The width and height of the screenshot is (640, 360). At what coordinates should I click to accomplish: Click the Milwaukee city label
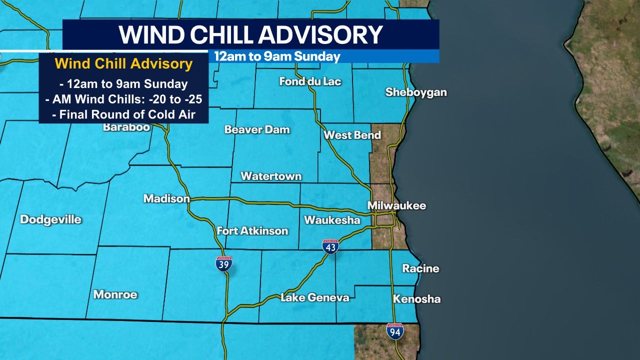(x=396, y=205)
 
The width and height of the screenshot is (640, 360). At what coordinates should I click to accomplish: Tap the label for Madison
(x=166, y=198)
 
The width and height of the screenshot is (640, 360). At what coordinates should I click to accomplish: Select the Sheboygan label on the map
(x=415, y=92)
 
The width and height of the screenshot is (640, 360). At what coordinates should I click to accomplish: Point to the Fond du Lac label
(x=310, y=81)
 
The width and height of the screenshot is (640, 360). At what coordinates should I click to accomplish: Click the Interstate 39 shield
(x=224, y=263)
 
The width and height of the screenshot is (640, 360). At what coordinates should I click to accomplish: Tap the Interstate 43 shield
(x=330, y=246)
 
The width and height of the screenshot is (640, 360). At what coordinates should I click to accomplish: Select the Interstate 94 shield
(x=395, y=331)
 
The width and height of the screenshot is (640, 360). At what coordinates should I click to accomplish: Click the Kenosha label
(x=416, y=299)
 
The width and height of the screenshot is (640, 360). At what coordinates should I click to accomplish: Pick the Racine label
(x=420, y=268)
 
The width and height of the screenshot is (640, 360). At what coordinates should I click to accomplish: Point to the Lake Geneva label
(x=314, y=297)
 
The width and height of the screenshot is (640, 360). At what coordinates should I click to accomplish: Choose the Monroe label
(x=115, y=294)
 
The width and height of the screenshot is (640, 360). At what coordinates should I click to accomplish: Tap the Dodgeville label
(x=50, y=219)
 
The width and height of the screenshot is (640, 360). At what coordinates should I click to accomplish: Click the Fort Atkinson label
(x=252, y=230)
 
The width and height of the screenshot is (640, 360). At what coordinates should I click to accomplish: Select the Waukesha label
(x=332, y=220)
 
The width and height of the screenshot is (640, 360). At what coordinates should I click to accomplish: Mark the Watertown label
(x=271, y=176)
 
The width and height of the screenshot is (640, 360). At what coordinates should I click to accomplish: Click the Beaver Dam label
(x=257, y=129)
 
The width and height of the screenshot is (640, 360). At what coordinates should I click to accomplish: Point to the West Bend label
(x=352, y=135)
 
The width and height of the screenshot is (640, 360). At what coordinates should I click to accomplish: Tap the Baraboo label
(x=126, y=127)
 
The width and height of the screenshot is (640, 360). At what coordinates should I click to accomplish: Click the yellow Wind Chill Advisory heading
(x=123, y=64)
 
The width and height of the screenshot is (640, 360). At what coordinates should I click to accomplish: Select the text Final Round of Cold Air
(x=123, y=114)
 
